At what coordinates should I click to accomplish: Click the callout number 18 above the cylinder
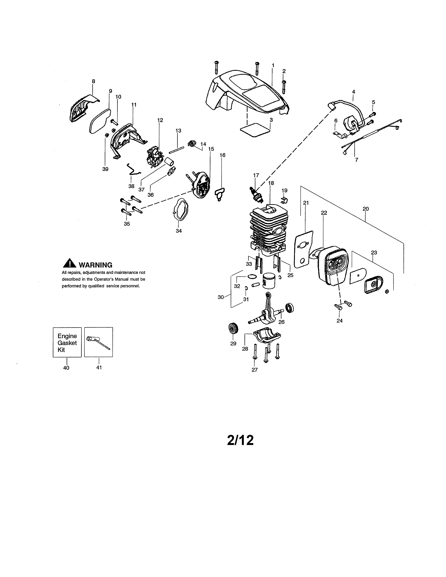271,183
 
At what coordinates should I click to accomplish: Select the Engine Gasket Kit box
67,342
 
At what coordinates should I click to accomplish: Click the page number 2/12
240,440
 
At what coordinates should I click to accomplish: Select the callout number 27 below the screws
254,370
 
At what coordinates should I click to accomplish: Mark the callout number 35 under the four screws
127,224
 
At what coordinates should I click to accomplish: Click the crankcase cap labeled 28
266,337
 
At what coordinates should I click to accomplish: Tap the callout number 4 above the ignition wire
353,92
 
